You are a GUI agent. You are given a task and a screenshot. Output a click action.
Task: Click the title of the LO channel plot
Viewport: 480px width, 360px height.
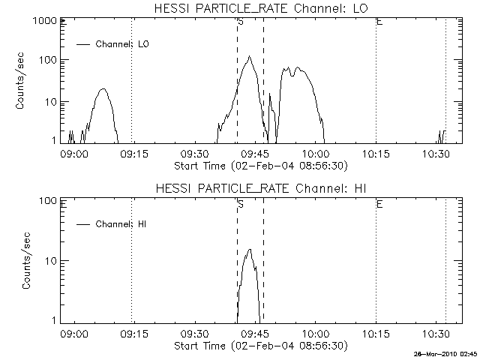tap(261, 8)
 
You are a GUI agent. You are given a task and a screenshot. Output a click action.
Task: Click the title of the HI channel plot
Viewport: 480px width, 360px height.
tap(261, 188)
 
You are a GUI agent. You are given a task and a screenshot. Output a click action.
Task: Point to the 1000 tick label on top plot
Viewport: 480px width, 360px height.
tap(45, 21)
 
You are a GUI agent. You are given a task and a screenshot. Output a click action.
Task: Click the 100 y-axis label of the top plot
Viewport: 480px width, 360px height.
tap(48, 60)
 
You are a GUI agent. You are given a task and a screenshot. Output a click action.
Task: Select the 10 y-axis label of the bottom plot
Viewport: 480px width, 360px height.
tap(51, 261)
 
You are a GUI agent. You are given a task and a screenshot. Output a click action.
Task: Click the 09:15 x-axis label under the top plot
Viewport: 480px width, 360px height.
tap(133, 154)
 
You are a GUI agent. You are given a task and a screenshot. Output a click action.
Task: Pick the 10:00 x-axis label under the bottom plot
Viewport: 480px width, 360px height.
tap(316, 334)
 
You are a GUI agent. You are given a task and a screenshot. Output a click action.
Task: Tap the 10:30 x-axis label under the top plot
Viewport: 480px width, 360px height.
tap(436, 154)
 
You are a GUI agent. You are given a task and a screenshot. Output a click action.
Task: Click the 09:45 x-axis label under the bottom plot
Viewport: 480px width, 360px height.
tap(255, 334)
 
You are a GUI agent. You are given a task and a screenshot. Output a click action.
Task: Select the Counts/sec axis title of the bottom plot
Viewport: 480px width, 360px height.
tap(26, 260)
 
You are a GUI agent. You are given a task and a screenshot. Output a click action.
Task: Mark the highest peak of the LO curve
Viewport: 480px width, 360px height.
tap(250, 56)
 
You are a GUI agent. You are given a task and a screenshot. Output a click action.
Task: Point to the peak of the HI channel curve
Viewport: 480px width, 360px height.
tap(250, 249)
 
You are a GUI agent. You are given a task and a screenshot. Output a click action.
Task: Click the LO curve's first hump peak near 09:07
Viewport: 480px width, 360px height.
tap(103, 88)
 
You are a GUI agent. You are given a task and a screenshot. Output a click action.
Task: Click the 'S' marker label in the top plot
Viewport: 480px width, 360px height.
tap(241, 22)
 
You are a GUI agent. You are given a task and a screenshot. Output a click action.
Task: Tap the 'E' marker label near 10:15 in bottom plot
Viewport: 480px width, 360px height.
tap(379, 204)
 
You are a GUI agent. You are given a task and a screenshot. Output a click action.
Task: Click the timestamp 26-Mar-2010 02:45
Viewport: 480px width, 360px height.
tap(445, 354)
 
